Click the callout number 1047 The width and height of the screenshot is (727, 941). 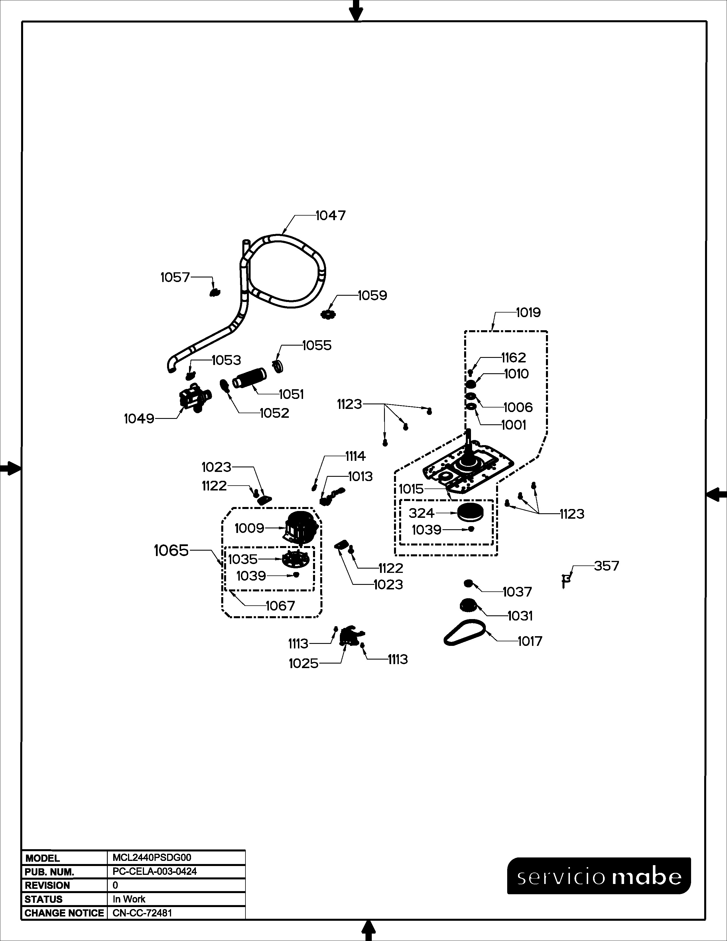(330, 215)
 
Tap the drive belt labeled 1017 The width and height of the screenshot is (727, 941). (465, 634)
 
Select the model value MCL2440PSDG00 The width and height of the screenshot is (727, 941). (152, 857)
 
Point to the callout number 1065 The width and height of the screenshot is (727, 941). (171, 550)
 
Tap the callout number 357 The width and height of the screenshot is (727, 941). (606, 566)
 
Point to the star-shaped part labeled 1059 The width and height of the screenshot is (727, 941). (328, 315)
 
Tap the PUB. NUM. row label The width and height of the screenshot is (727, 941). (50, 872)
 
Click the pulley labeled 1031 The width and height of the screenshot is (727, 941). (469, 605)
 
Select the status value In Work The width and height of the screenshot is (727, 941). (129, 899)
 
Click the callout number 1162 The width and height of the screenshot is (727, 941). (513, 358)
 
